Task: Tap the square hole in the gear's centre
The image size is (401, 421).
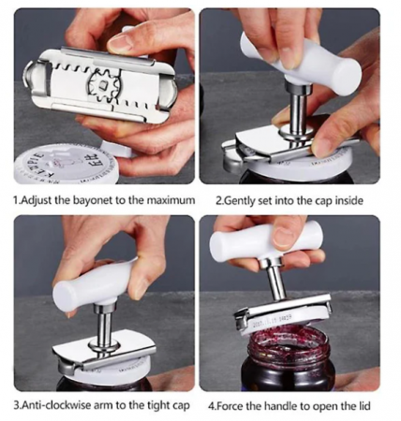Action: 102,83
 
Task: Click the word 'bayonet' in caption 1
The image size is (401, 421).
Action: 93,200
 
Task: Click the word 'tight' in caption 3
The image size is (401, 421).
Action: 158,406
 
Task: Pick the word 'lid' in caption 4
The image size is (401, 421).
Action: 364,406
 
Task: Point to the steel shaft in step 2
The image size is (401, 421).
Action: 298,116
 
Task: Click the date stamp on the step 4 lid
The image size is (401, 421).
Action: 273,320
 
